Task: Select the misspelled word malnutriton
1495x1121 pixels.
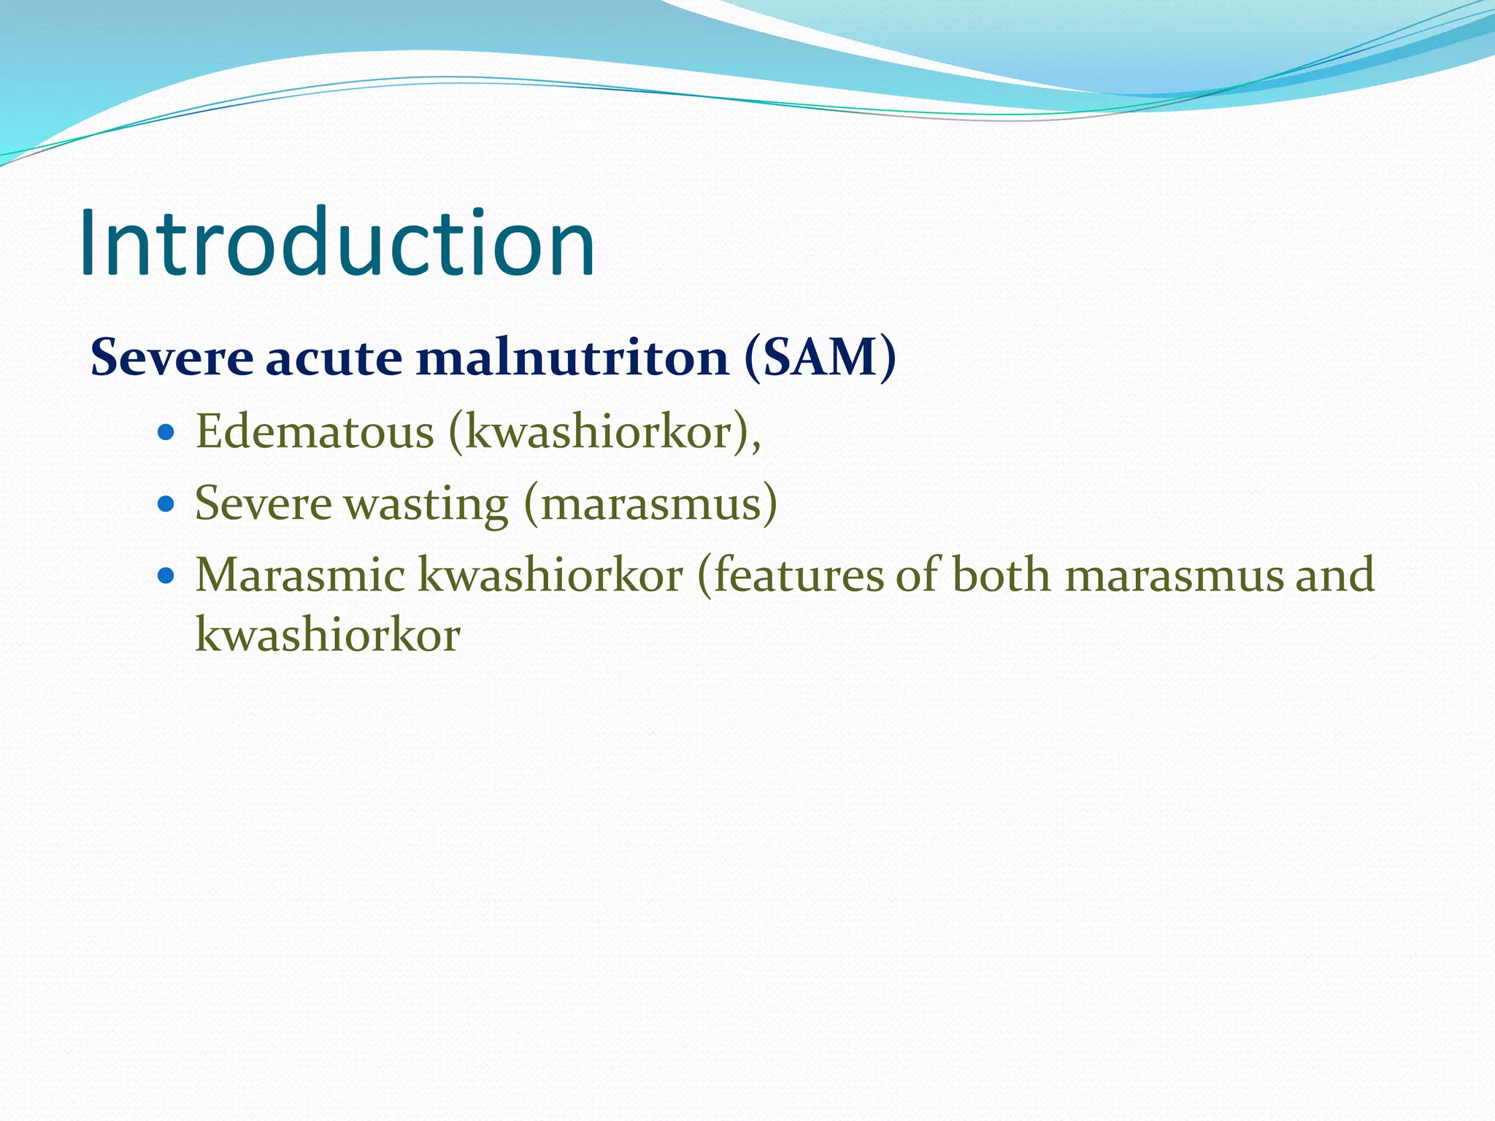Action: coord(573,358)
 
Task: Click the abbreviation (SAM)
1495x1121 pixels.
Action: coord(820,358)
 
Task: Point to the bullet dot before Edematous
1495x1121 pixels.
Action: coord(166,432)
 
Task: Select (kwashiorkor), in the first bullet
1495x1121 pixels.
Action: coord(605,432)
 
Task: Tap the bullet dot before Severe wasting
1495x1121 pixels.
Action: coord(166,503)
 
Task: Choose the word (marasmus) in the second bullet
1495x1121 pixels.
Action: coord(650,503)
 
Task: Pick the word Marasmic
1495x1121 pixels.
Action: coord(300,574)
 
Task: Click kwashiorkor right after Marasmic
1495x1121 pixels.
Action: coord(550,574)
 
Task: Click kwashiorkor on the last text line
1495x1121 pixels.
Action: coord(328,633)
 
